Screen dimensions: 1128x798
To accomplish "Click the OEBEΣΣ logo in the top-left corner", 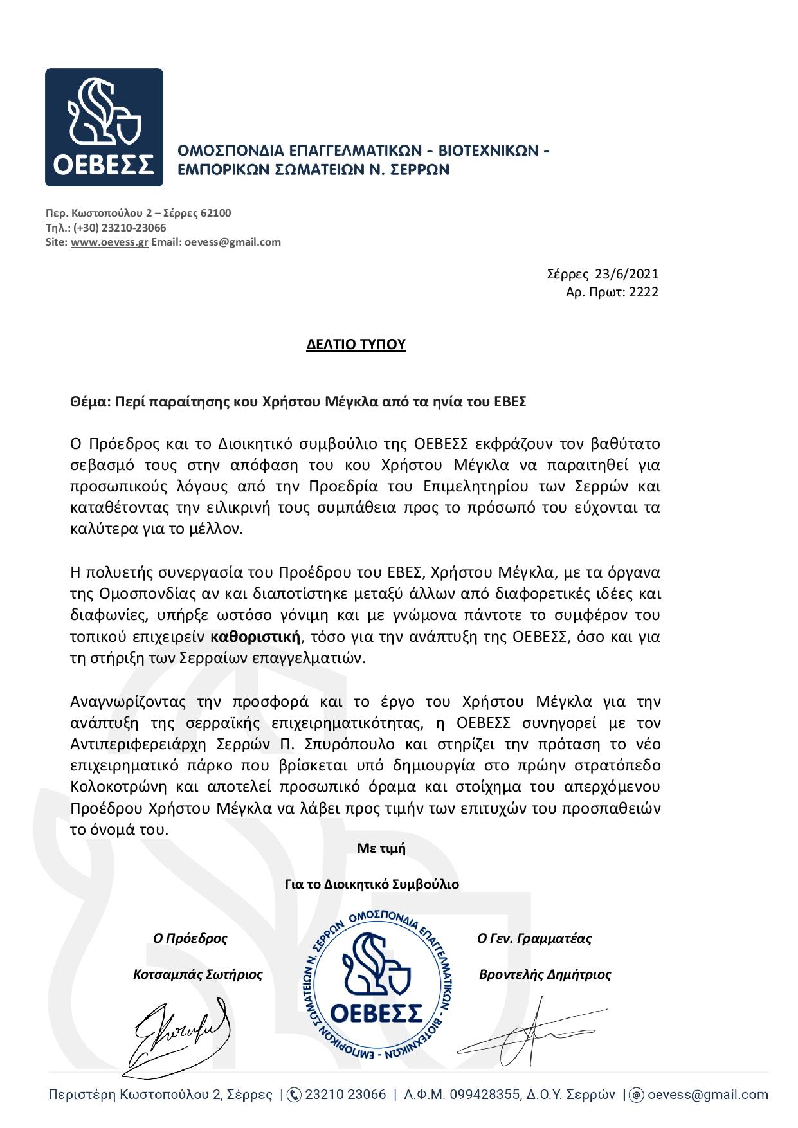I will (104, 127).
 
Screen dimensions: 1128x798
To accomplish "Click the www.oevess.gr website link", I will (109, 242).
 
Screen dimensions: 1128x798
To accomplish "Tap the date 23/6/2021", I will (626, 274).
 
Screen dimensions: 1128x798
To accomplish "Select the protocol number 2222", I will (644, 292).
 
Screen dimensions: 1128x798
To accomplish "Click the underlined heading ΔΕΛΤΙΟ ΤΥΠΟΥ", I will (356, 345).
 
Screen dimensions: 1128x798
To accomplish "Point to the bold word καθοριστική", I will (256, 637).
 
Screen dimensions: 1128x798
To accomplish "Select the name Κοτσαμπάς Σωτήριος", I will (197, 974).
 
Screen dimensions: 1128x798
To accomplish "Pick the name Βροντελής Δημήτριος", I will (545, 974).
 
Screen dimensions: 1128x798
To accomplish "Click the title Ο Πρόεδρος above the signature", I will (190, 938).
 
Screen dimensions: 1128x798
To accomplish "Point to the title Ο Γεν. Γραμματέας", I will (534, 938).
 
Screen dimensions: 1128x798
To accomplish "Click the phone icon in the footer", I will (294, 1095).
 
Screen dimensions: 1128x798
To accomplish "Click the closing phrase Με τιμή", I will (381, 848).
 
